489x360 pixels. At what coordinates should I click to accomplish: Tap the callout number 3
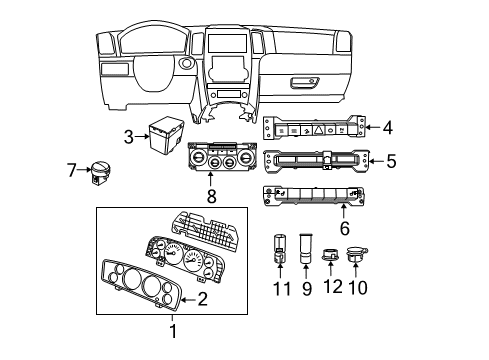click(129, 136)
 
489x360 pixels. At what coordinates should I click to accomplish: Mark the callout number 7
click(72, 171)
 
